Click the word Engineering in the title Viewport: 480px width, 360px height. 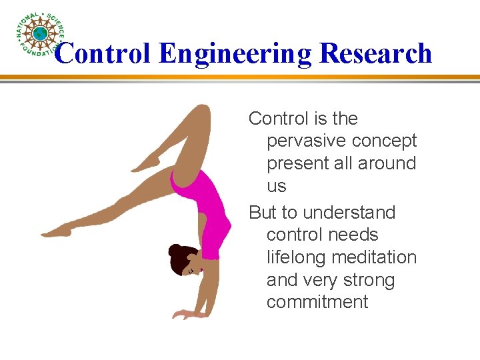pos(235,53)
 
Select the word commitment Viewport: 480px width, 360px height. pos(317,302)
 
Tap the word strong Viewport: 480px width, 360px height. pos(369,280)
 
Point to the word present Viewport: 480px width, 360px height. pos(299,163)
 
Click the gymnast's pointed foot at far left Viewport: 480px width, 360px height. pos(56,231)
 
